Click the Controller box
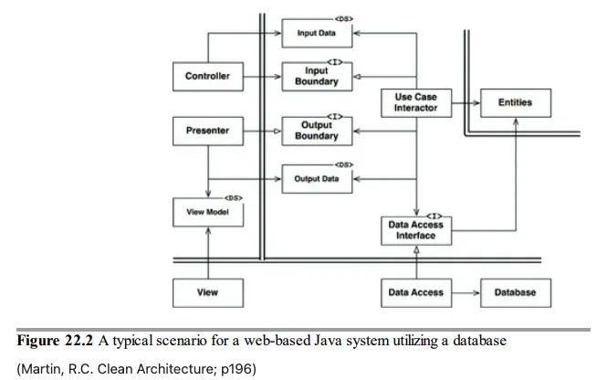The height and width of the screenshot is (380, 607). pyautogui.click(x=207, y=77)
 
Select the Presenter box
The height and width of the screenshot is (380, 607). pyautogui.click(x=207, y=131)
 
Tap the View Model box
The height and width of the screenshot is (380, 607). pyautogui.click(x=207, y=213)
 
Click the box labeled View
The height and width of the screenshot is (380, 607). pyautogui.click(x=207, y=292)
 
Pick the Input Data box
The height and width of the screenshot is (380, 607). pyautogui.click(x=315, y=34)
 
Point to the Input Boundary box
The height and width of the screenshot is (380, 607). pyautogui.click(x=315, y=77)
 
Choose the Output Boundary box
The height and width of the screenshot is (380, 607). pyautogui.click(x=315, y=131)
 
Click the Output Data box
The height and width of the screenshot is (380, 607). pyautogui.click(x=315, y=179)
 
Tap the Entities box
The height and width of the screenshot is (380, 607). pyautogui.click(x=515, y=103)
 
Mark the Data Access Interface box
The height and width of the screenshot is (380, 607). pyautogui.click(x=415, y=230)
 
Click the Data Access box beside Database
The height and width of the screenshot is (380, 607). pyautogui.click(x=415, y=292)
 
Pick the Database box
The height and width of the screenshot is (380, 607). pyautogui.click(x=515, y=292)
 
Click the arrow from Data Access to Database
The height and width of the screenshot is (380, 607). pyautogui.click(x=465, y=292)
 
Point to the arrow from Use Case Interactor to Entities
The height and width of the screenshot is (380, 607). pyautogui.click(x=465, y=103)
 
